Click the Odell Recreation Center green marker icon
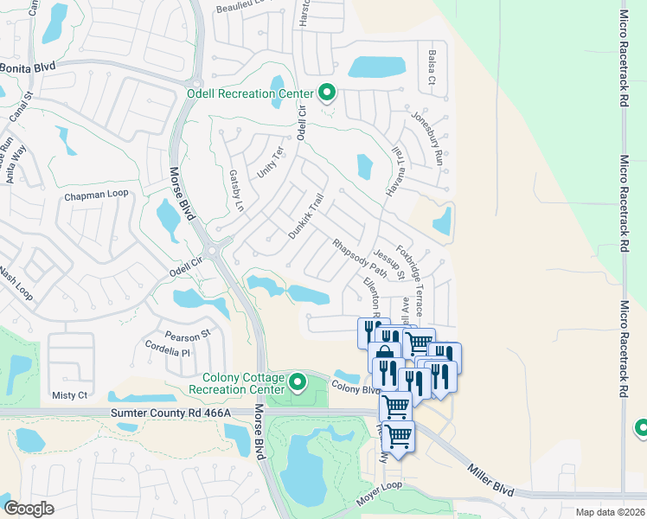[327, 91]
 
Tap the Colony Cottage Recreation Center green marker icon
[298, 381]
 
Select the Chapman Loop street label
[96, 195]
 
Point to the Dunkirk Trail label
[305, 217]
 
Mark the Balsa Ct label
[430, 68]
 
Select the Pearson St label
[188, 334]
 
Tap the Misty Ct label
[70, 395]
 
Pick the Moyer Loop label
[381, 487]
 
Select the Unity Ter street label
[271, 163]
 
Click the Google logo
[29, 509]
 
